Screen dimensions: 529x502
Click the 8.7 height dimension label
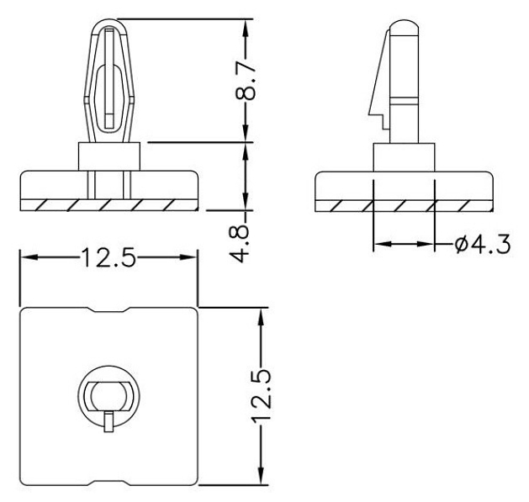tap(245, 81)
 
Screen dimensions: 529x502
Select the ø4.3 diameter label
tap(482, 244)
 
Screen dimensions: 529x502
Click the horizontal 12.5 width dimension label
tap(108, 257)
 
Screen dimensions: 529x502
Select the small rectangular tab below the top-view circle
tap(108, 422)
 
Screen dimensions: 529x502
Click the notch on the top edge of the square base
tap(108, 309)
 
